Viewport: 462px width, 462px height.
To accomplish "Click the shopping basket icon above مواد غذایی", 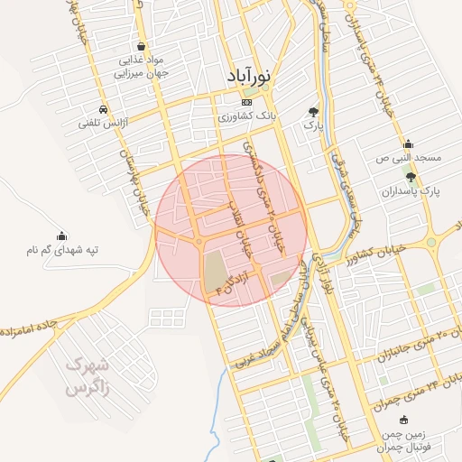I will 141,46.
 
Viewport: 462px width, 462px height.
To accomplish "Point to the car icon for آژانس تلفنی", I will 105,108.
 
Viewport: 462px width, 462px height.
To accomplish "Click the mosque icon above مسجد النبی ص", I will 409,143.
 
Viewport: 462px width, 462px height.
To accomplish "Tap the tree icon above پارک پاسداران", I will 411,177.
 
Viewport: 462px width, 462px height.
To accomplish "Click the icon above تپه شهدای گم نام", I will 61,235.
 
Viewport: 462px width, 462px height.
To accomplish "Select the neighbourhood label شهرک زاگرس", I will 88,376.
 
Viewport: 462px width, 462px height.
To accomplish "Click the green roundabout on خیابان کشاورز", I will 430,242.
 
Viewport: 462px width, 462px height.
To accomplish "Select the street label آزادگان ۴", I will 233,277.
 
